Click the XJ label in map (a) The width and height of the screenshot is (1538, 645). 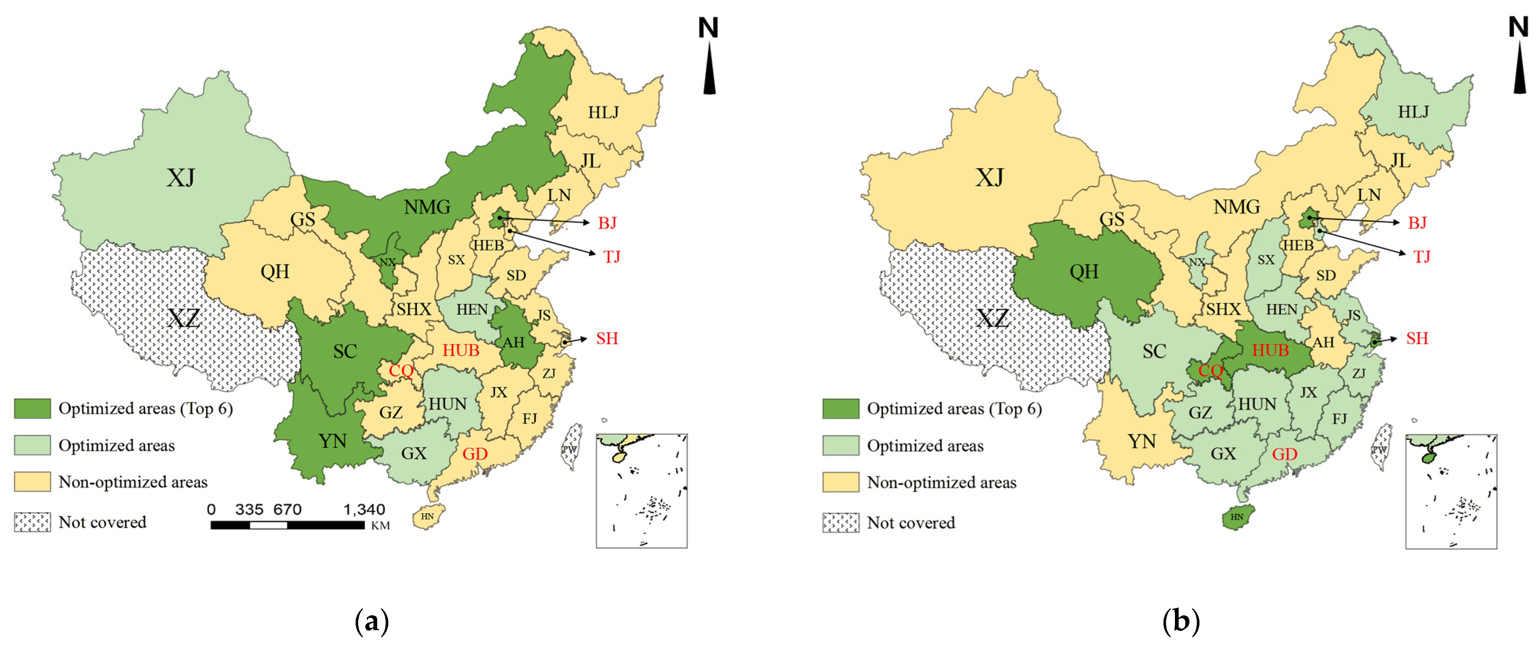(x=180, y=178)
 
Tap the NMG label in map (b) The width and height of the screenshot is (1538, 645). (x=1237, y=207)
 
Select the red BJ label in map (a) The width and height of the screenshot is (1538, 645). (x=607, y=223)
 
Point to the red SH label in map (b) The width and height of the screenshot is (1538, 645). (x=1417, y=339)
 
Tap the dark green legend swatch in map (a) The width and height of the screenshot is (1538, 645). (x=32, y=409)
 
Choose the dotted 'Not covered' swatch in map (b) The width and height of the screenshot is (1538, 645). (x=840, y=523)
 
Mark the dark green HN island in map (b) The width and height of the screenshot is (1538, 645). (x=1237, y=517)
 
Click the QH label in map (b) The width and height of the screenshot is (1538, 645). (x=1084, y=272)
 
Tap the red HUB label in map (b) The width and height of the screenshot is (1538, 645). (x=1270, y=350)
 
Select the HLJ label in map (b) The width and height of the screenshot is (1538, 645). (x=1413, y=112)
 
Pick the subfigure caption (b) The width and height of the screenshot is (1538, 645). (x=1181, y=622)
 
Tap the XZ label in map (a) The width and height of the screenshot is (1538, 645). (x=184, y=318)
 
